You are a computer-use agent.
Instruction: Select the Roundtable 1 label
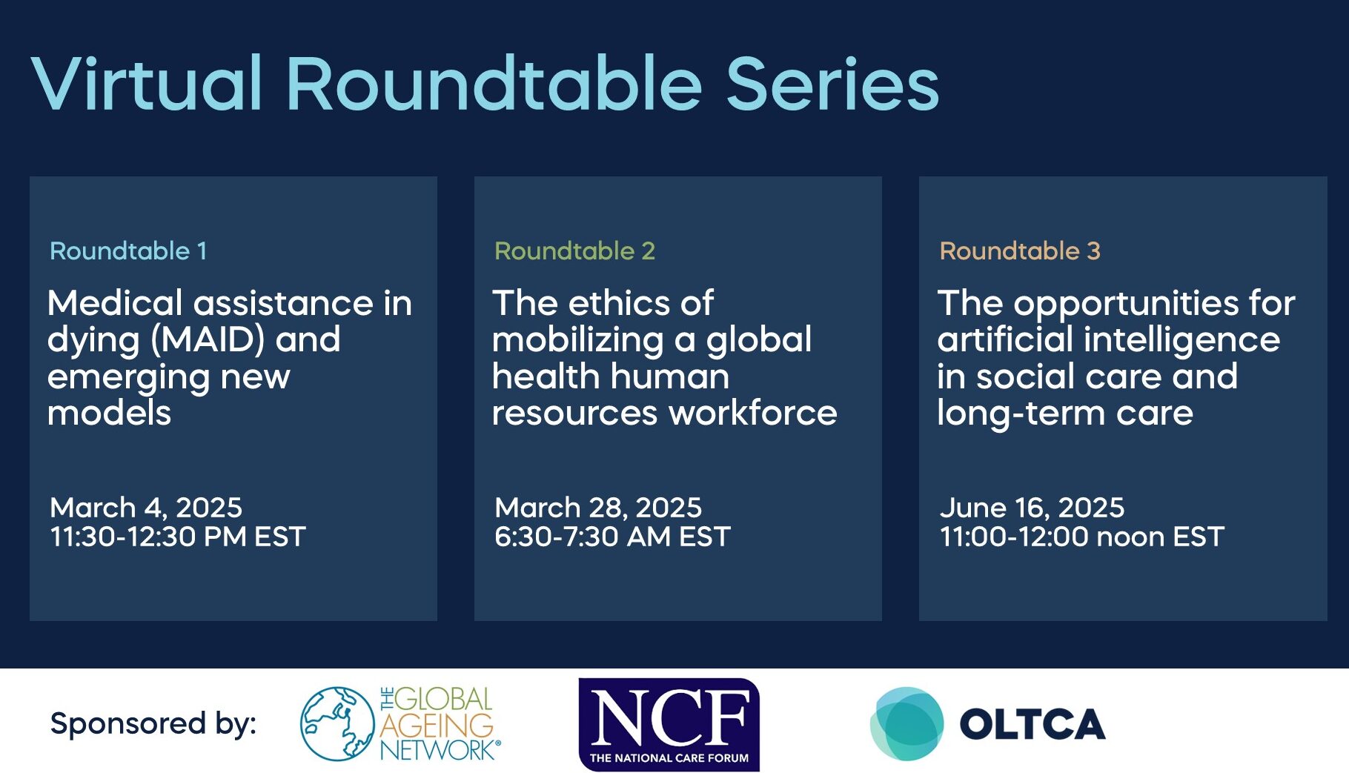point(127,251)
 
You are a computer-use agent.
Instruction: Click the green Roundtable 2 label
point(574,251)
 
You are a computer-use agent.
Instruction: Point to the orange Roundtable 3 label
point(1019,251)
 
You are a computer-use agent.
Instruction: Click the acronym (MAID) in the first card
point(208,340)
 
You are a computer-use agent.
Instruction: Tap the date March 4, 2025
point(146,508)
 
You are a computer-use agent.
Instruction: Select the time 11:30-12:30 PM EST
point(177,537)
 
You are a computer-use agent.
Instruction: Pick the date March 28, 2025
point(597,508)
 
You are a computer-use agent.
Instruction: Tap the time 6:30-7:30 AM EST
point(612,537)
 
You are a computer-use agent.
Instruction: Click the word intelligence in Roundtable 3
point(1181,340)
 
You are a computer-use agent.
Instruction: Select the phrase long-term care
point(1064,413)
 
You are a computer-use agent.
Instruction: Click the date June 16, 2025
point(1031,508)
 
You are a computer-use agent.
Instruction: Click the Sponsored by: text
point(153,723)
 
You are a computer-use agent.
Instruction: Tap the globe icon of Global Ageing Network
point(337,723)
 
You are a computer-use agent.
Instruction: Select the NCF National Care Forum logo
point(669,724)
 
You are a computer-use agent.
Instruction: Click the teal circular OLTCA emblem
point(906,723)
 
